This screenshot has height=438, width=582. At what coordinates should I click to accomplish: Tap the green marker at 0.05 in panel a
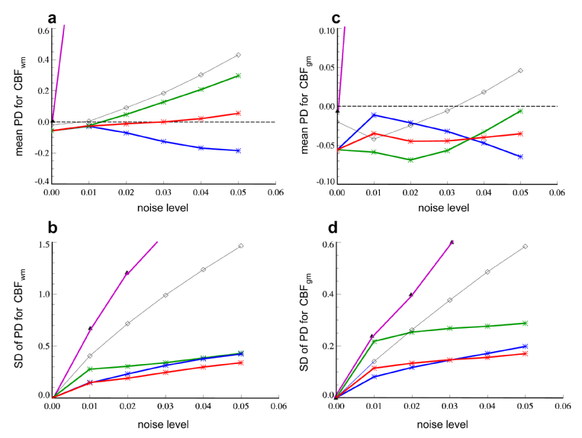click(239, 76)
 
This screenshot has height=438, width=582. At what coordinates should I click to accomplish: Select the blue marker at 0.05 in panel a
click(239, 150)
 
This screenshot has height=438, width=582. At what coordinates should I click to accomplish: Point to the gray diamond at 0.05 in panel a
click(239, 55)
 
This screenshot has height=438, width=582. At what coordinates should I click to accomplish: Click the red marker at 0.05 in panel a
click(239, 113)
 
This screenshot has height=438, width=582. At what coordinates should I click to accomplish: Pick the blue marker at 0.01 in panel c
click(374, 115)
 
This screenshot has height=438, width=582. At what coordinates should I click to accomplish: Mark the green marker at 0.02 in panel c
click(410, 159)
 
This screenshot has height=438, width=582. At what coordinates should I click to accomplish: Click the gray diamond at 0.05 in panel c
click(520, 71)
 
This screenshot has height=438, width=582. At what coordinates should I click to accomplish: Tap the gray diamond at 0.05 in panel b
click(240, 246)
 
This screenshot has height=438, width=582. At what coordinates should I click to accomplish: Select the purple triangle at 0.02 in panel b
click(127, 272)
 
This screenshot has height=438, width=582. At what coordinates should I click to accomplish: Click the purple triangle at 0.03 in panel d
click(452, 242)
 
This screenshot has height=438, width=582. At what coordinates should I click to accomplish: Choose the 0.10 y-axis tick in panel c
click(325, 31)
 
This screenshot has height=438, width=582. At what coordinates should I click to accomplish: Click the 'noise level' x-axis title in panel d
click(448, 423)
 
